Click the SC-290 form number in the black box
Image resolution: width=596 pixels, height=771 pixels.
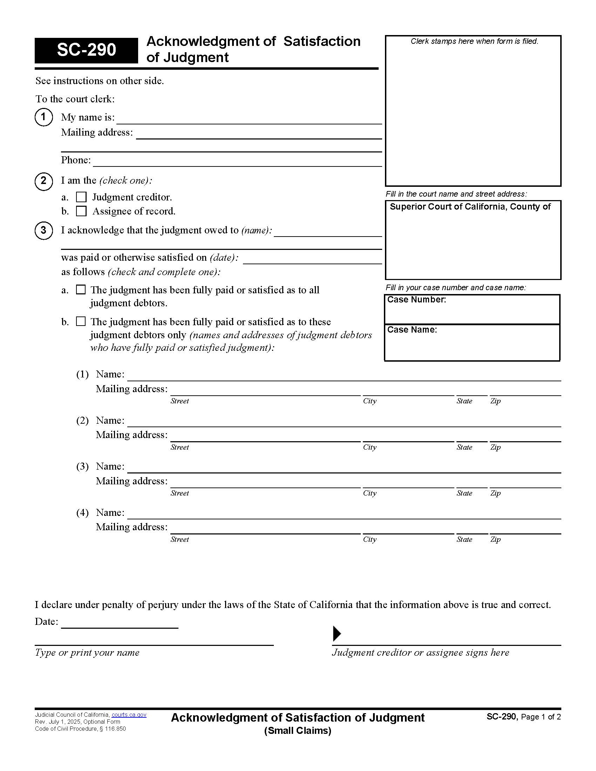[x=86, y=50]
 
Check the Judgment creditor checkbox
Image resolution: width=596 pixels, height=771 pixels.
[x=81, y=197]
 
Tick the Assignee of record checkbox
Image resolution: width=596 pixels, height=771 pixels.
[x=81, y=211]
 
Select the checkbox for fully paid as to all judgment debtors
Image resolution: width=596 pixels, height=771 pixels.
[x=81, y=290]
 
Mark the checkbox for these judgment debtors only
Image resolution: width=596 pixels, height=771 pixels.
[x=81, y=322]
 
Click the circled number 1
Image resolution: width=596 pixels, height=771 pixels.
[x=43, y=117]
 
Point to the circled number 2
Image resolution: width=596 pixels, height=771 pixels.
[x=43, y=181]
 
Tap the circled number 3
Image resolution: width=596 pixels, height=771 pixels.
[x=43, y=231]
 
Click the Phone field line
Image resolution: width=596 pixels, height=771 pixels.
[x=237, y=162]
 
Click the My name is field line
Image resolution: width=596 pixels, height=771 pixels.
[x=249, y=120]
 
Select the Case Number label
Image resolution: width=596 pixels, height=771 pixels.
[x=416, y=300]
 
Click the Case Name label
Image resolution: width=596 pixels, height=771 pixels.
[x=412, y=330]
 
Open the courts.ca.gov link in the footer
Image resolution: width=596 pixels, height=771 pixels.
[x=129, y=715]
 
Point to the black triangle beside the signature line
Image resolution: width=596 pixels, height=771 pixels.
[x=337, y=633]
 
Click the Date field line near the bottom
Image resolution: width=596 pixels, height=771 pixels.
[x=120, y=624]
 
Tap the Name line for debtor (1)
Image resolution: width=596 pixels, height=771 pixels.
[x=344, y=377]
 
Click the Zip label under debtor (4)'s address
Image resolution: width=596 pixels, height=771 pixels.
[x=495, y=539]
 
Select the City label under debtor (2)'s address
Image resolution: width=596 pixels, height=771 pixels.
[x=370, y=447]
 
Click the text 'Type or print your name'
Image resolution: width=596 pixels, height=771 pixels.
[x=87, y=653]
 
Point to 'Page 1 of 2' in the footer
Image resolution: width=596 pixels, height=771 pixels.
[x=541, y=717]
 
